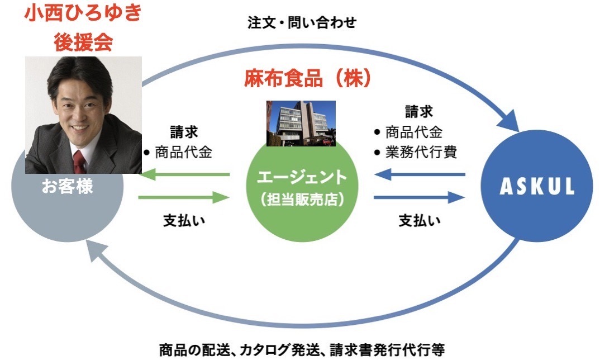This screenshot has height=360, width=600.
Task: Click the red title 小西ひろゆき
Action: pyautogui.click(x=83, y=13)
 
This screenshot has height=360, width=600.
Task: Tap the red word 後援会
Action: pyautogui.click(x=83, y=42)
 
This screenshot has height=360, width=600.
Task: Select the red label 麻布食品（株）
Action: pyautogui.click(x=308, y=78)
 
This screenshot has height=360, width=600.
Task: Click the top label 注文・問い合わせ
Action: pyautogui.click(x=302, y=22)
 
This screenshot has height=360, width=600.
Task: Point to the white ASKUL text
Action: pyautogui.click(x=537, y=186)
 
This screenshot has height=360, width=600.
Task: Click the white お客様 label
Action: pyautogui.click(x=68, y=187)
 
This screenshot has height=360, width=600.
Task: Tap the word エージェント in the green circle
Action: pyautogui.click(x=302, y=177)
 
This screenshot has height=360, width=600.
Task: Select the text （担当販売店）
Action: pyautogui.click(x=302, y=200)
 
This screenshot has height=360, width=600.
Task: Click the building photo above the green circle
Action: pyautogui.click(x=301, y=124)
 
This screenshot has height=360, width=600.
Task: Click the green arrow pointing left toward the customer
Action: pyautogui.click(x=184, y=175)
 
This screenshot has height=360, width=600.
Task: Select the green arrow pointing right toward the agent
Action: pyautogui.click(x=184, y=198)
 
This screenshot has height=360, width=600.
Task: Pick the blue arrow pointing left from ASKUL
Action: pyautogui.click(x=420, y=175)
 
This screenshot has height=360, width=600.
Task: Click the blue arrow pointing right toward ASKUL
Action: pyautogui.click(x=420, y=198)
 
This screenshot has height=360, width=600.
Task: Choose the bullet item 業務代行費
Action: pyautogui.click(x=421, y=153)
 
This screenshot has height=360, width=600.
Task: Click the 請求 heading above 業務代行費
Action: pyautogui.click(x=419, y=112)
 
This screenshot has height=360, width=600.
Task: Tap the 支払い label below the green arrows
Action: pyautogui.click(x=184, y=221)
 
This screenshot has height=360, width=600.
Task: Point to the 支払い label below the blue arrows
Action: pyautogui.click(x=420, y=221)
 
